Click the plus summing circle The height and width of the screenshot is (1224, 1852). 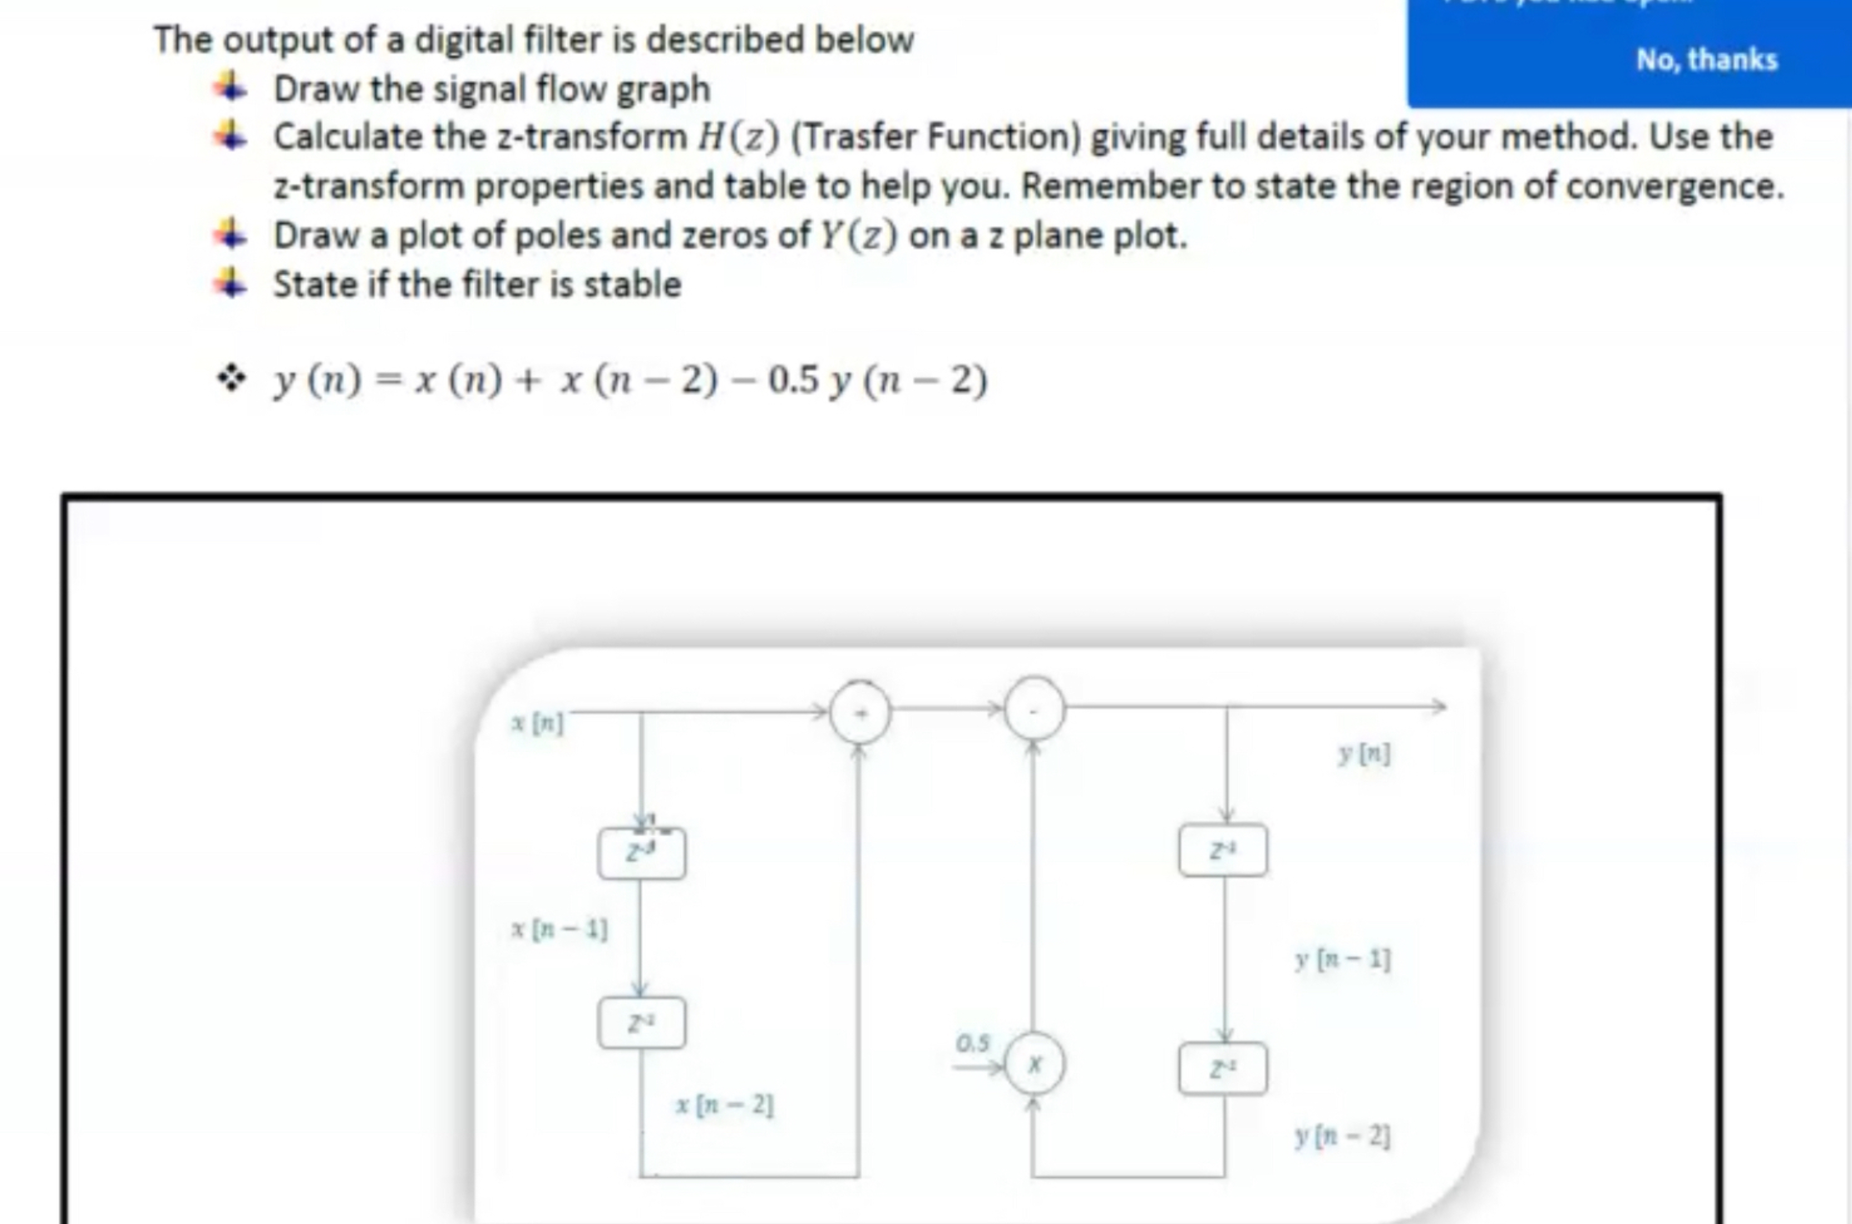point(859,711)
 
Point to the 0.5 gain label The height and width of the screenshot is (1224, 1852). point(973,1043)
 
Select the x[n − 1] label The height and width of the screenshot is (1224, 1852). point(559,929)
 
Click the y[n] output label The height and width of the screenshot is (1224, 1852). point(1364,753)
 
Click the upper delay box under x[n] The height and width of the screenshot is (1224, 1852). point(641,853)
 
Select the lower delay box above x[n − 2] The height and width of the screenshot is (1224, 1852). point(641,1022)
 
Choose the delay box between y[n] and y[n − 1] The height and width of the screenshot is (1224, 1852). point(1222,850)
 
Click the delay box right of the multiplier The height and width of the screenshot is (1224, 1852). point(1222,1068)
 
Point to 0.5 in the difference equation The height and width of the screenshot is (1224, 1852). point(793,380)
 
